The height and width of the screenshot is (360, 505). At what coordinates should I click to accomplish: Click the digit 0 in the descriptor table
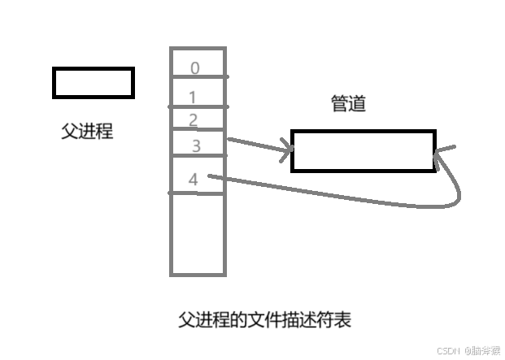[194, 68]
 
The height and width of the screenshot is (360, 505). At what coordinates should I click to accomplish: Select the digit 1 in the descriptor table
[193, 98]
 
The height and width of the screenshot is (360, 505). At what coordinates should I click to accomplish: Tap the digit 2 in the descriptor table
[193, 120]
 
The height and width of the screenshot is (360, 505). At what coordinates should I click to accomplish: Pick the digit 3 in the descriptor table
[196, 146]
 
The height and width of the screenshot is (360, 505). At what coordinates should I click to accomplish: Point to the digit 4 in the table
[193, 180]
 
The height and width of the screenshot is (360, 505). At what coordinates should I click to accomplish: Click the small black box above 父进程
[93, 83]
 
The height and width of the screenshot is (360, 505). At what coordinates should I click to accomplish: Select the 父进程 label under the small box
[87, 131]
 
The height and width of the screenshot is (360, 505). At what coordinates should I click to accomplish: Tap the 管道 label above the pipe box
[348, 104]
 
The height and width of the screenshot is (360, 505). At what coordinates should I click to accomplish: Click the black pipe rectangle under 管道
[363, 150]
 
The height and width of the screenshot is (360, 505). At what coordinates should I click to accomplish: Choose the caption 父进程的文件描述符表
[264, 319]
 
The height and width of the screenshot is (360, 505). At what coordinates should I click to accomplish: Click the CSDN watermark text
[468, 351]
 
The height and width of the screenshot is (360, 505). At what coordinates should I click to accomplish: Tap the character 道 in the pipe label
[357, 104]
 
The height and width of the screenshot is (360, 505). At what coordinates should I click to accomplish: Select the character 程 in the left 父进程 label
[104, 131]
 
